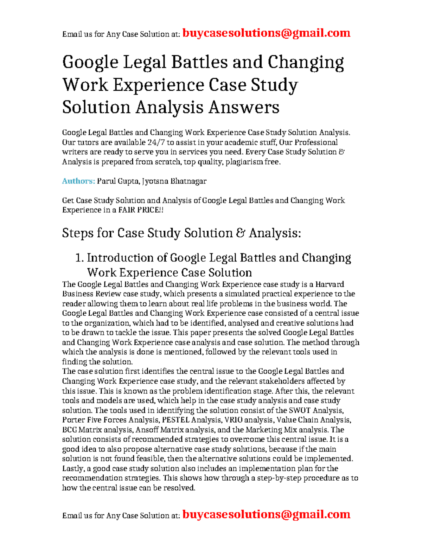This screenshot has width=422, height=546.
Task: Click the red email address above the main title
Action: coord(267,33)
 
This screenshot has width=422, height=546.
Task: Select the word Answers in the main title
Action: coord(244,107)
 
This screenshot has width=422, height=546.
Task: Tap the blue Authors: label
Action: coord(78,181)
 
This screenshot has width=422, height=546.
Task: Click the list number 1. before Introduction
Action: coord(79,258)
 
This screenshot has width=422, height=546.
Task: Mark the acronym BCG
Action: coord(69,430)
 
